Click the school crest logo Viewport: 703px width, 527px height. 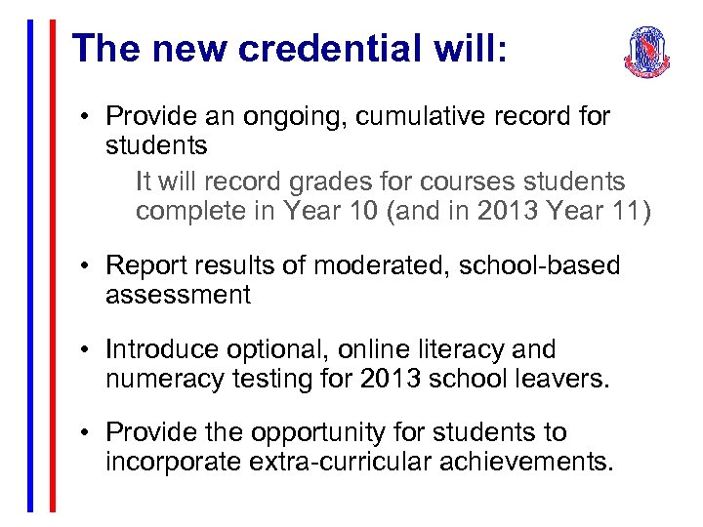point(647,52)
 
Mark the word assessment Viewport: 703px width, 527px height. point(178,296)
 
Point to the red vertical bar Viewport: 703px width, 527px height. point(53,263)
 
